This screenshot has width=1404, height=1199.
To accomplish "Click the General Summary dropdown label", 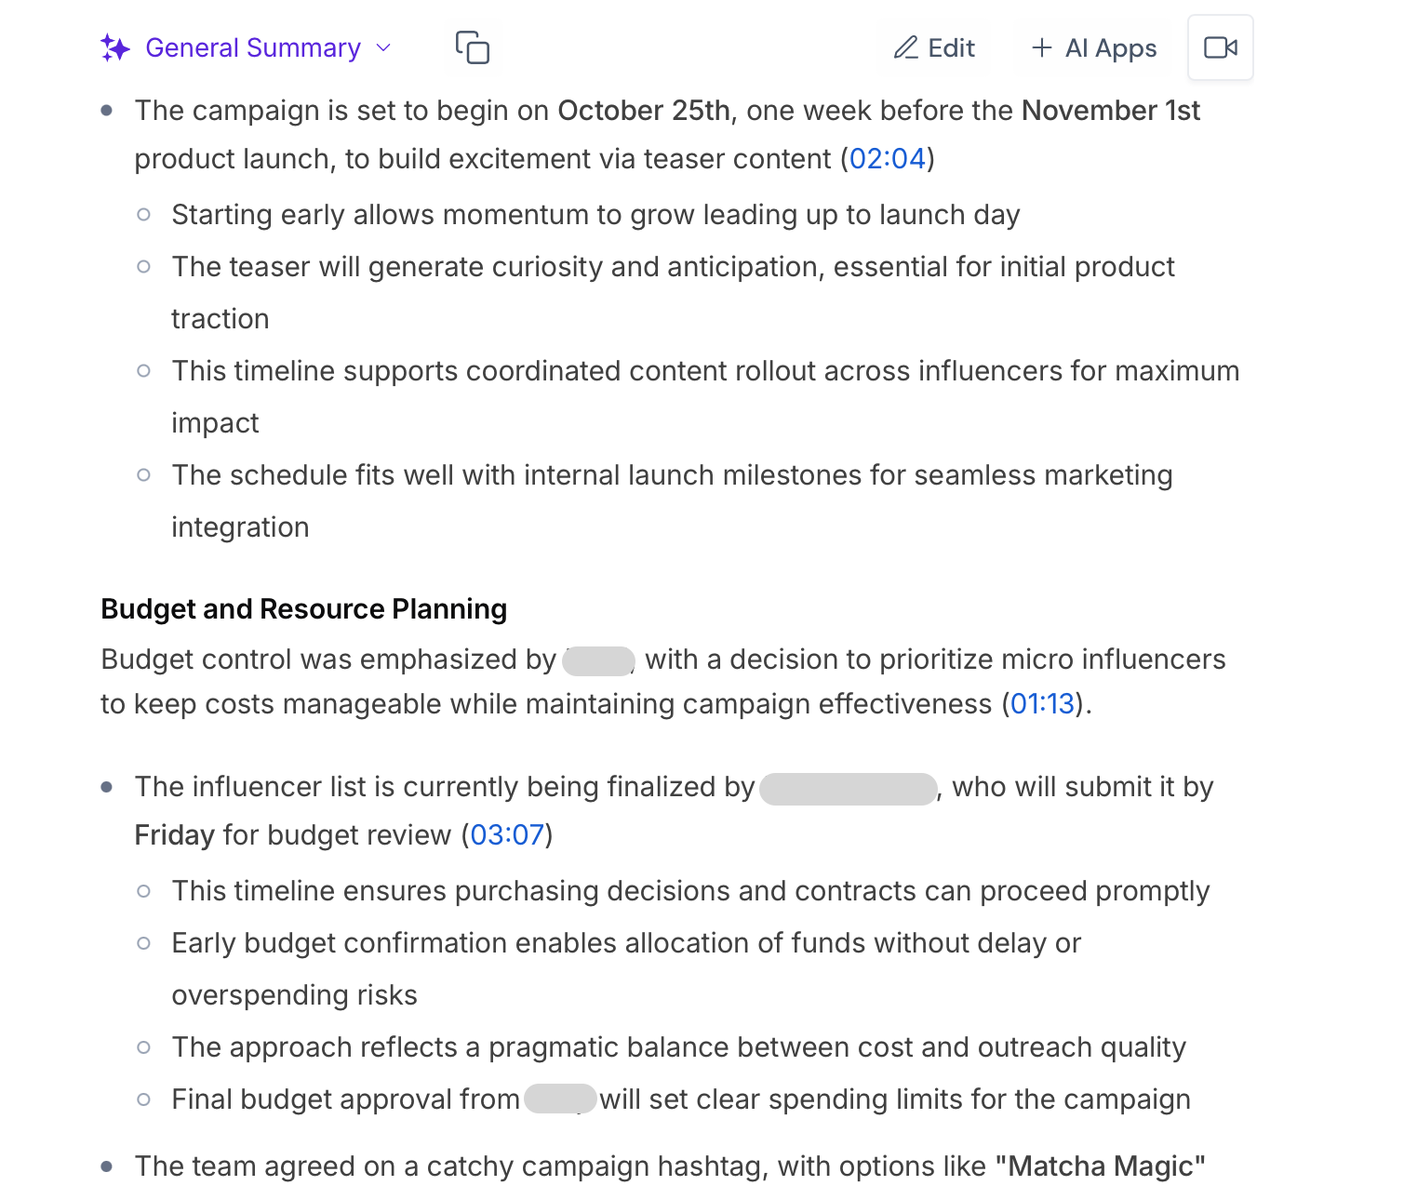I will click(253, 48).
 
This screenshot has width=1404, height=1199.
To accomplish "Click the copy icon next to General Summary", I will click(473, 47).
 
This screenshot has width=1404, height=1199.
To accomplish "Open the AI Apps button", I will click(1094, 48).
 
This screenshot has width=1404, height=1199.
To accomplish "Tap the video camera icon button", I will click(1220, 47).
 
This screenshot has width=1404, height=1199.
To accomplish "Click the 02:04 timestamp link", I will click(888, 159).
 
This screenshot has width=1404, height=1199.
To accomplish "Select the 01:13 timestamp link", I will click(1042, 704).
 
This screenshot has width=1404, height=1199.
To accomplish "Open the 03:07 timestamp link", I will click(507, 835).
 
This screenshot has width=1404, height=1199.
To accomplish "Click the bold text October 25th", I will click(644, 111).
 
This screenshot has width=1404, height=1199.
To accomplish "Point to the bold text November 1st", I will click(1111, 111).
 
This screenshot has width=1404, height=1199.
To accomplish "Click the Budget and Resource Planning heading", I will click(304, 609).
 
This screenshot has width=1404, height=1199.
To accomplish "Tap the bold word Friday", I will click(175, 835).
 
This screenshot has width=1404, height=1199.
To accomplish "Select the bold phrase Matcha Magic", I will click(1101, 1166).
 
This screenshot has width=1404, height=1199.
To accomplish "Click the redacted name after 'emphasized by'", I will click(598, 660).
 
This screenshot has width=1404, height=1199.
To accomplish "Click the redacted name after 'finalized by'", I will click(848, 788).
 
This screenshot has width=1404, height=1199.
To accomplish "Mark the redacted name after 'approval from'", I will click(560, 1099).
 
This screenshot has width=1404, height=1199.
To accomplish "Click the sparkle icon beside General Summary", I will click(115, 48).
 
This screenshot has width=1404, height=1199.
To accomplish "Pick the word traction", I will click(221, 319).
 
